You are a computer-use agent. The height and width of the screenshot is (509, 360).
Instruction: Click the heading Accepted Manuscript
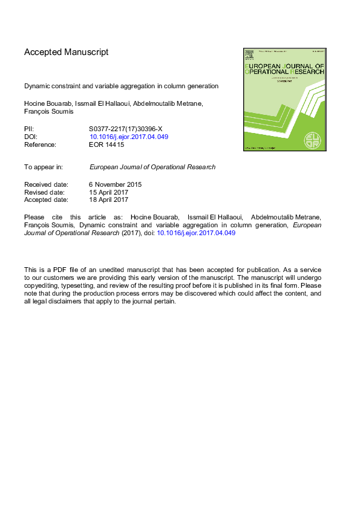(x=66, y=52)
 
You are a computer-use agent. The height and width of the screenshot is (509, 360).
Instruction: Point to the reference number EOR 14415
(x=106, y=144)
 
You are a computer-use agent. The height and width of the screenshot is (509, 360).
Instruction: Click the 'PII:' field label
(x=29, y=129)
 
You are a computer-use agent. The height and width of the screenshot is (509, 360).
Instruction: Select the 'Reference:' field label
(x=40, y=144)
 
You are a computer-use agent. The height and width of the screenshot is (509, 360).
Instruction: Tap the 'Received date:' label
(x=46, y=184)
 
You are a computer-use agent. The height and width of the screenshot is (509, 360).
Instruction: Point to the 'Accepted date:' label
(x=46, y=199)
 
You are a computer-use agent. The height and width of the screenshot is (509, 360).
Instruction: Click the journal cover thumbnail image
(x=284, y=99)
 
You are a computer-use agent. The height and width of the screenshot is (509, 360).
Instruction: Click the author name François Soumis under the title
(x=49, y=111)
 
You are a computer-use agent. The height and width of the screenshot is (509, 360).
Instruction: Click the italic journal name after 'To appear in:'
(x=152, y=167)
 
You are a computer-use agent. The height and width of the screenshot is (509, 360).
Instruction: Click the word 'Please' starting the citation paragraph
(x=34, y=217)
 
